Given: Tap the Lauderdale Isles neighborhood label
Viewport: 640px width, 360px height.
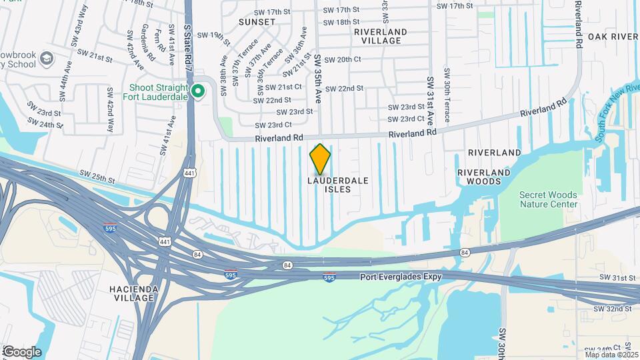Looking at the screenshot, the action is click(338, 185).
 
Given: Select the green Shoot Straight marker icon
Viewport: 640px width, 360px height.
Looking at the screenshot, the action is click(197, 92).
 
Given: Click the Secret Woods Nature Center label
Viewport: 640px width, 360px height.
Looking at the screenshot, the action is click(548, 200).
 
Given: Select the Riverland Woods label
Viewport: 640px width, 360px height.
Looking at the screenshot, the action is click(483, 177).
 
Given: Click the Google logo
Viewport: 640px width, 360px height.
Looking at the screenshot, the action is click(21, 351).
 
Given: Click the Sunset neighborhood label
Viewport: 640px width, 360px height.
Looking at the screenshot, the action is click(257, 22).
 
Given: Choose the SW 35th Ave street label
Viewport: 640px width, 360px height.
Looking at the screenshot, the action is click(318, 79).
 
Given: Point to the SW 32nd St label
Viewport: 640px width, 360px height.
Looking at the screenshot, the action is click(615, 309).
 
